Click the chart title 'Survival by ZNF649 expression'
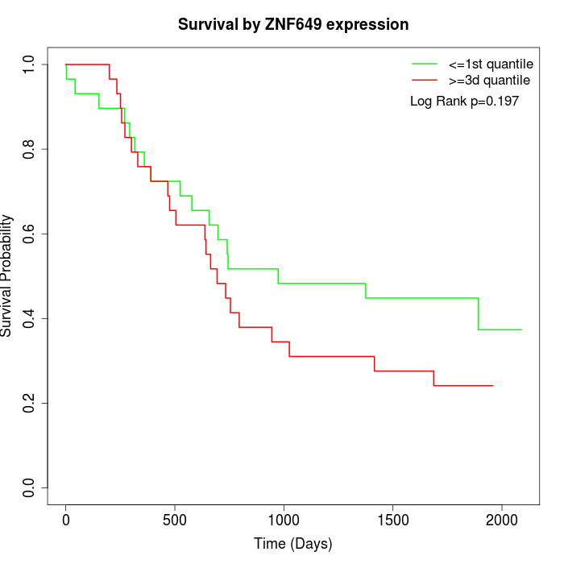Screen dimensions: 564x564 point(293,25)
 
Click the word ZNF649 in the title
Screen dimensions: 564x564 point(297,25)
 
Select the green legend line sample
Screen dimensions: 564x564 point(424,63)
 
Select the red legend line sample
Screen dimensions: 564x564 point(424,80)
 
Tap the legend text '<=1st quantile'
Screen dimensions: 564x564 point(491,63)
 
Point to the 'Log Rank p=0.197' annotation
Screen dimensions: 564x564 point(464,102)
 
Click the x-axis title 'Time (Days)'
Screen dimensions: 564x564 point(293,543)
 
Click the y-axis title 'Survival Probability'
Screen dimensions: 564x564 point(7,276)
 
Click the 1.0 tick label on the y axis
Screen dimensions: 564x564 point(29,64)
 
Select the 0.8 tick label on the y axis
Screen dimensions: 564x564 point(29,149)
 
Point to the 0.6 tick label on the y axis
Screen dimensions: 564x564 point(29,234)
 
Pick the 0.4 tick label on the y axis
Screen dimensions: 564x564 point(29,318)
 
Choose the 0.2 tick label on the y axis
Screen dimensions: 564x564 point(29,403)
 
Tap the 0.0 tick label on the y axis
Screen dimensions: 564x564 point(29,487)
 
